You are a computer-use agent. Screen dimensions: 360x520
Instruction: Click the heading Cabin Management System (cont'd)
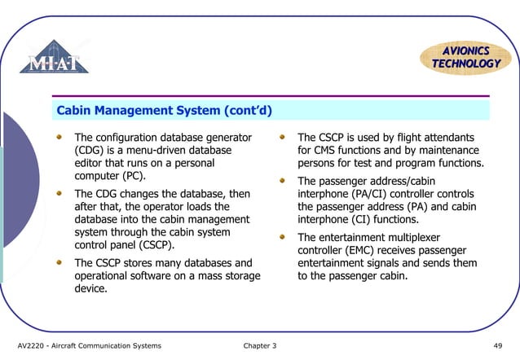164,110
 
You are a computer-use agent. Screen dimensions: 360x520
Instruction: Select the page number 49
498,346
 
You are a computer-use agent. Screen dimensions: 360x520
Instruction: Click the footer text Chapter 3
260,346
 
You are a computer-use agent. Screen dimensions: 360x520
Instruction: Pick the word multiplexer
430,237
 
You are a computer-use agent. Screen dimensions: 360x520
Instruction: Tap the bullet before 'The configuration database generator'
58,138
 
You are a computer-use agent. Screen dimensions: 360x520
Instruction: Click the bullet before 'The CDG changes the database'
58,194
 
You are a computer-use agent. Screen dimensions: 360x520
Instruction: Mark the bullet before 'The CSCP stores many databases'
58,263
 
